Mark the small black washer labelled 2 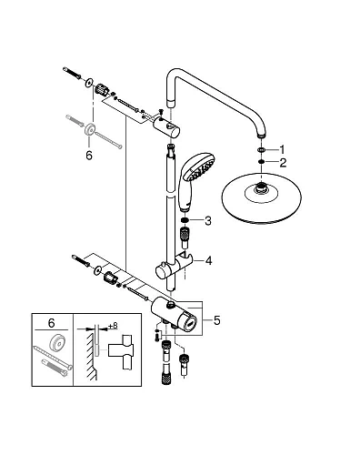261,163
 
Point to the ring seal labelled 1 261,150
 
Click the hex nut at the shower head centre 263,189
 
